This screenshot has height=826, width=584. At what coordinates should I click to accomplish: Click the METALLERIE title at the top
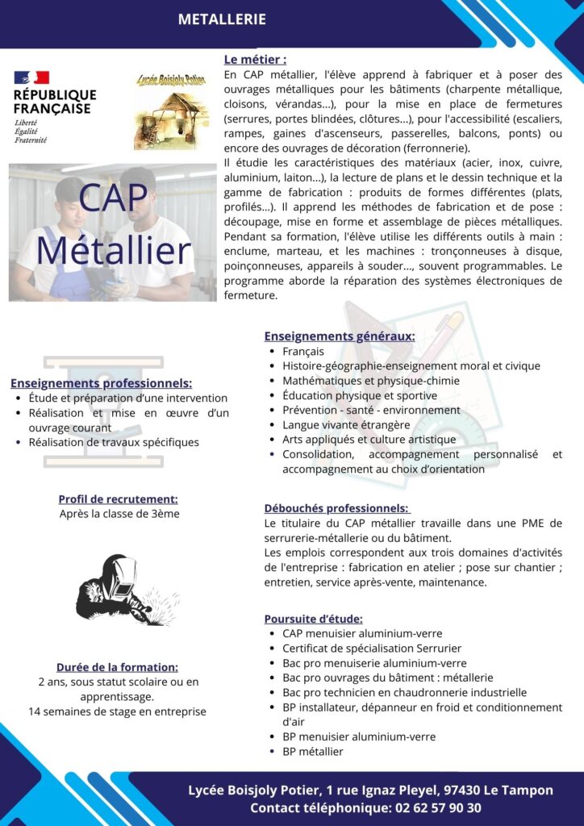coord(222,19)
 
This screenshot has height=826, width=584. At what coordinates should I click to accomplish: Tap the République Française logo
coord(53,106)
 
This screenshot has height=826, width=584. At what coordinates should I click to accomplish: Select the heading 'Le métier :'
coord(255,59)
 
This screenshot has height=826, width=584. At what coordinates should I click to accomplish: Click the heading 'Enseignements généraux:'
coord(340,336)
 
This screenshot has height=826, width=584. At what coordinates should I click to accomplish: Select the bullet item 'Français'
coord(303,351)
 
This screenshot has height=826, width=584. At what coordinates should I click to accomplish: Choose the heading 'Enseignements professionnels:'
coord(101,383)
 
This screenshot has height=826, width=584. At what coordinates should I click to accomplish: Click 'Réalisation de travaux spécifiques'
coord(114,442)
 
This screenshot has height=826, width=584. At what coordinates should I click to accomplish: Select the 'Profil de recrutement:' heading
coord(119,499)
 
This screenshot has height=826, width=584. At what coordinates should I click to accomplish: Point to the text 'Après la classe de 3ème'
coord(119,514)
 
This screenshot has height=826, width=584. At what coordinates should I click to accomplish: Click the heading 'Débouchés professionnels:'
coord(336,508)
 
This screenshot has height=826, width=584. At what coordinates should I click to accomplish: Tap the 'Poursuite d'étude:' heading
coord(313,619)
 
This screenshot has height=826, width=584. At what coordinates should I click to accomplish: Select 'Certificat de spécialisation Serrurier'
coord(372,648)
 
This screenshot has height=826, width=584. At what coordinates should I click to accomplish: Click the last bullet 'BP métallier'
coord(313,751)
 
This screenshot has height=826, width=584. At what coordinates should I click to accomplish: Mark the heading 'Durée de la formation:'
coord(117,667)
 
